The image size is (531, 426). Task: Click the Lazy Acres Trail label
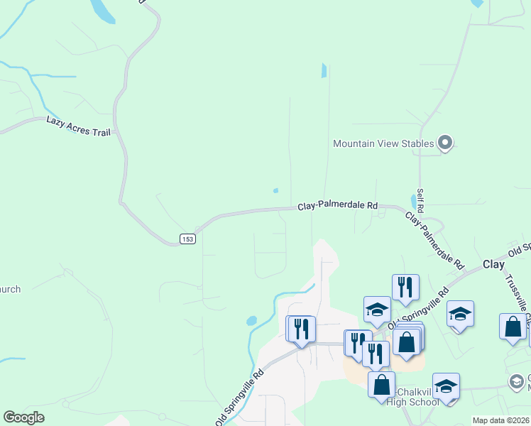pyautogui.click(x=78, y=126)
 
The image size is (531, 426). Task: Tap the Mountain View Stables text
pyautogui.click(x=383, y=144)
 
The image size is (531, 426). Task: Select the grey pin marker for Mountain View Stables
pyautogui.click(x=445, y=143)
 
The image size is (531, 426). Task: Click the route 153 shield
pyautogui.click(x=187, y=239)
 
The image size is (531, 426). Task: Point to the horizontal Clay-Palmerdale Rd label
pyautogui.click(x=337, y=205)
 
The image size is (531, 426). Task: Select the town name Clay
pyautogui.click(x=493, y=264)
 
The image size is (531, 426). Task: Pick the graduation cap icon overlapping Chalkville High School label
pyautogui.click(x=445, y=387)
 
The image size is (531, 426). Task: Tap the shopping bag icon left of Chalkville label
pyautogui.click(x=381, y=385)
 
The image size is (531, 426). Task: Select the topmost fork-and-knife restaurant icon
pyautogui.click(x=405, y=287)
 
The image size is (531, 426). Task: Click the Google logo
pyautogui.click(x=24, y=417)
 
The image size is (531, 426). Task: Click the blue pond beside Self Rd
pyautogui.click(x=413, y=201)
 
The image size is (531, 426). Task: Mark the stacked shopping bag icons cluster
pyautogui.click(x=407, y=339)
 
